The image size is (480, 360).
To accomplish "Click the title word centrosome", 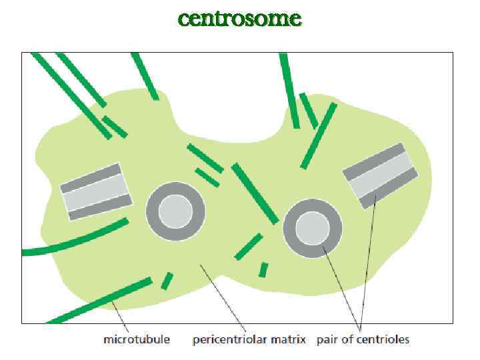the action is [239, 18].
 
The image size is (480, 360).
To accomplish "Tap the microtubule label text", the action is [137, 340].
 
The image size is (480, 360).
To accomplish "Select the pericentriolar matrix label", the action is [249, 340].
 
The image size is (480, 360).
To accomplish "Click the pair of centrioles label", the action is [363, 340].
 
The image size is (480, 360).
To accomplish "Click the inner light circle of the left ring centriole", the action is [176, 211].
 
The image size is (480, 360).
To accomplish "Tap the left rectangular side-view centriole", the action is [95, 191].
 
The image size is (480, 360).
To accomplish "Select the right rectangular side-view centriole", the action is [381, 175].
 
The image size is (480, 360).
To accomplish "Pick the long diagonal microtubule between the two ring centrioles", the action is [255, 193].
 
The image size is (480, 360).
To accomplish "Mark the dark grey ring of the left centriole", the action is [155, 211].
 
